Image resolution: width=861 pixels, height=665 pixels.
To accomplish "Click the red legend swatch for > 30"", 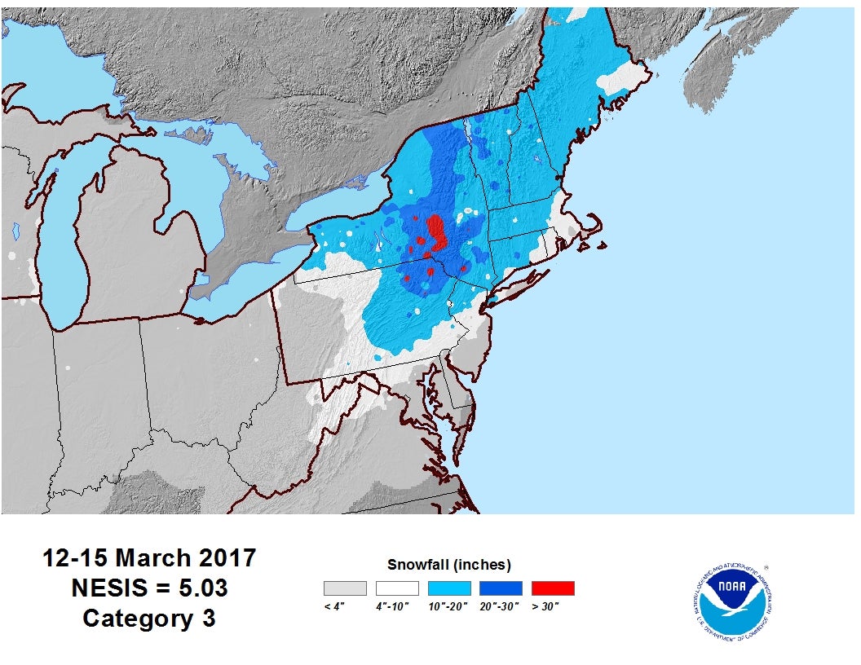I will (552, 588).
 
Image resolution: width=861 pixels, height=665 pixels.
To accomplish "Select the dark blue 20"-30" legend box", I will (501, 588).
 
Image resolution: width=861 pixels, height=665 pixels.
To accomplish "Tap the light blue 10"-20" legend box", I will (448, 588).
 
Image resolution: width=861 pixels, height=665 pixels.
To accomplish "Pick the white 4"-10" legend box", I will (397, 588).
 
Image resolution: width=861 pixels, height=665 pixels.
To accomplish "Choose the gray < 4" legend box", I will (345, 588).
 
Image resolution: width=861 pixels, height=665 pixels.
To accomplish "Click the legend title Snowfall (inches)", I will (448, 564).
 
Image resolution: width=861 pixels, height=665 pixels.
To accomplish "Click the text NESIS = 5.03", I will (149, 588).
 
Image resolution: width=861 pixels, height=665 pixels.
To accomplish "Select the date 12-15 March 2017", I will (149, 558).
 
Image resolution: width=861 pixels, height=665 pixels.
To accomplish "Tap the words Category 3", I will (149, 618).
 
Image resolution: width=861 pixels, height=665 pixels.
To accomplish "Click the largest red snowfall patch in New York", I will (436, 230).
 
